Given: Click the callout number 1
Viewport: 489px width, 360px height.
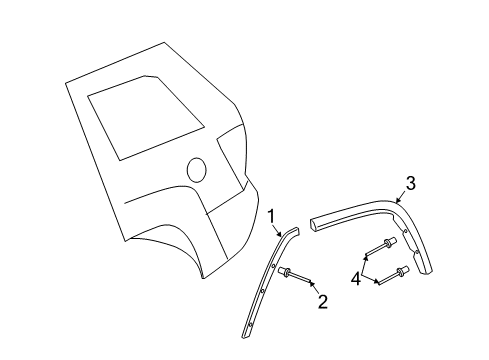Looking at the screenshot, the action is click(x=270, y=214).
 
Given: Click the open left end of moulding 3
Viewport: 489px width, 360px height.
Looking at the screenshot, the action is click(x=316, y=222).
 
